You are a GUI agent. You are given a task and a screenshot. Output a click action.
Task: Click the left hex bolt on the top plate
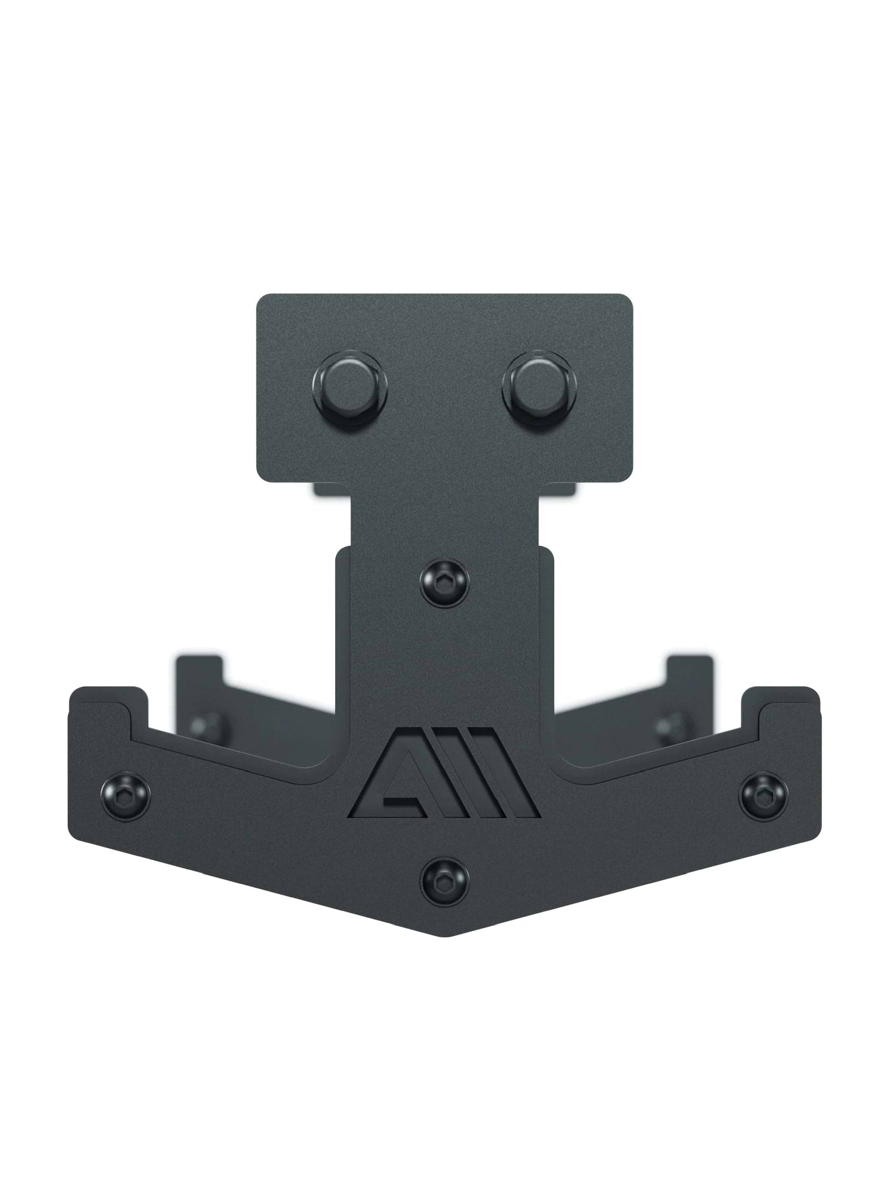point(349,388)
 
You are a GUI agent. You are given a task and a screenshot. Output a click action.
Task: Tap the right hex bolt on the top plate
point(539,388)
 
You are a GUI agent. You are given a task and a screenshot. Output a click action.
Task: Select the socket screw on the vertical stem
point(444,583)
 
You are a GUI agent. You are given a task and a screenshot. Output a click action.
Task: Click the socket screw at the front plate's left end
point(125,797)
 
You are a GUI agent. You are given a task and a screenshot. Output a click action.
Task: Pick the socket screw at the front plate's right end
point(763,797)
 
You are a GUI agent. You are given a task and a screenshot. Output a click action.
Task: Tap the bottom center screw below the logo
point(444,882)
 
